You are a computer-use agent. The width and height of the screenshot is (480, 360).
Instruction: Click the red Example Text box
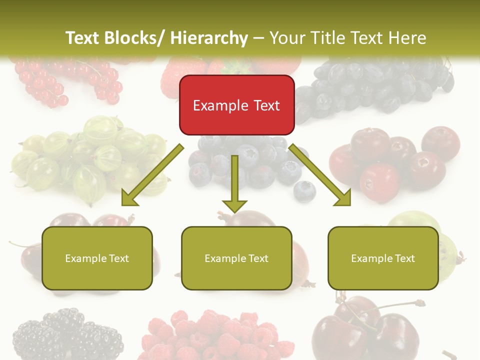point(236,105)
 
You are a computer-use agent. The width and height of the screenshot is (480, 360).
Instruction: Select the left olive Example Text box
point(97,258)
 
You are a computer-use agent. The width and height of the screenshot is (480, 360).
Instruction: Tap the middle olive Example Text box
point(236,258)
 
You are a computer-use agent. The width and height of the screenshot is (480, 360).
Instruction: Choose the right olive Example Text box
point(383,258)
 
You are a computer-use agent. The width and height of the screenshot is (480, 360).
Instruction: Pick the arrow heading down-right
point(320,175)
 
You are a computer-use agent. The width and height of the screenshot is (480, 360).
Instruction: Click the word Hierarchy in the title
point(209,38)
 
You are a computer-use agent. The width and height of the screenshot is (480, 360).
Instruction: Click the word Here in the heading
point(406,38)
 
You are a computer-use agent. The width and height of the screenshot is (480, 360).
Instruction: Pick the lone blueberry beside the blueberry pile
point(304,190)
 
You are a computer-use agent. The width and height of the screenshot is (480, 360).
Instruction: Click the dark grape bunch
point(375,85)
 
